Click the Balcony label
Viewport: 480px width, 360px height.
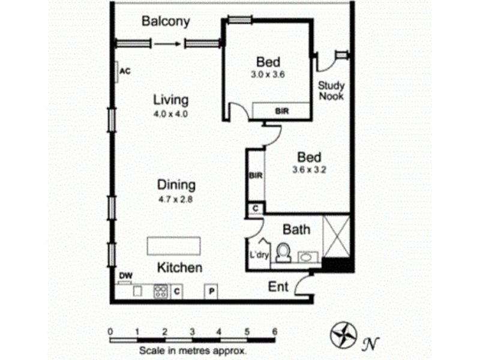click(x=166, y=22)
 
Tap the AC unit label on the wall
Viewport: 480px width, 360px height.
click(x=124, y=71)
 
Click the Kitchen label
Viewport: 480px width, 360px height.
click(x=179, y=268)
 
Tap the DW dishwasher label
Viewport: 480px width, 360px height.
click(x=125, y=276)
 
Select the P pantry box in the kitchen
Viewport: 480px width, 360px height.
click(x=211, y=292)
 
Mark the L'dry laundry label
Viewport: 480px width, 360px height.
click(x=258, y=255)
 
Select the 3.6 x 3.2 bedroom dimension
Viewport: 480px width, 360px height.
click(x=309, y=169)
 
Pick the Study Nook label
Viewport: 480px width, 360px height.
click(x=331, y=91)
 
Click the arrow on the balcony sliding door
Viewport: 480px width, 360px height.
click(x=167, y=43)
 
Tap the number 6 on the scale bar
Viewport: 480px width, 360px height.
click(x=274, y=331)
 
